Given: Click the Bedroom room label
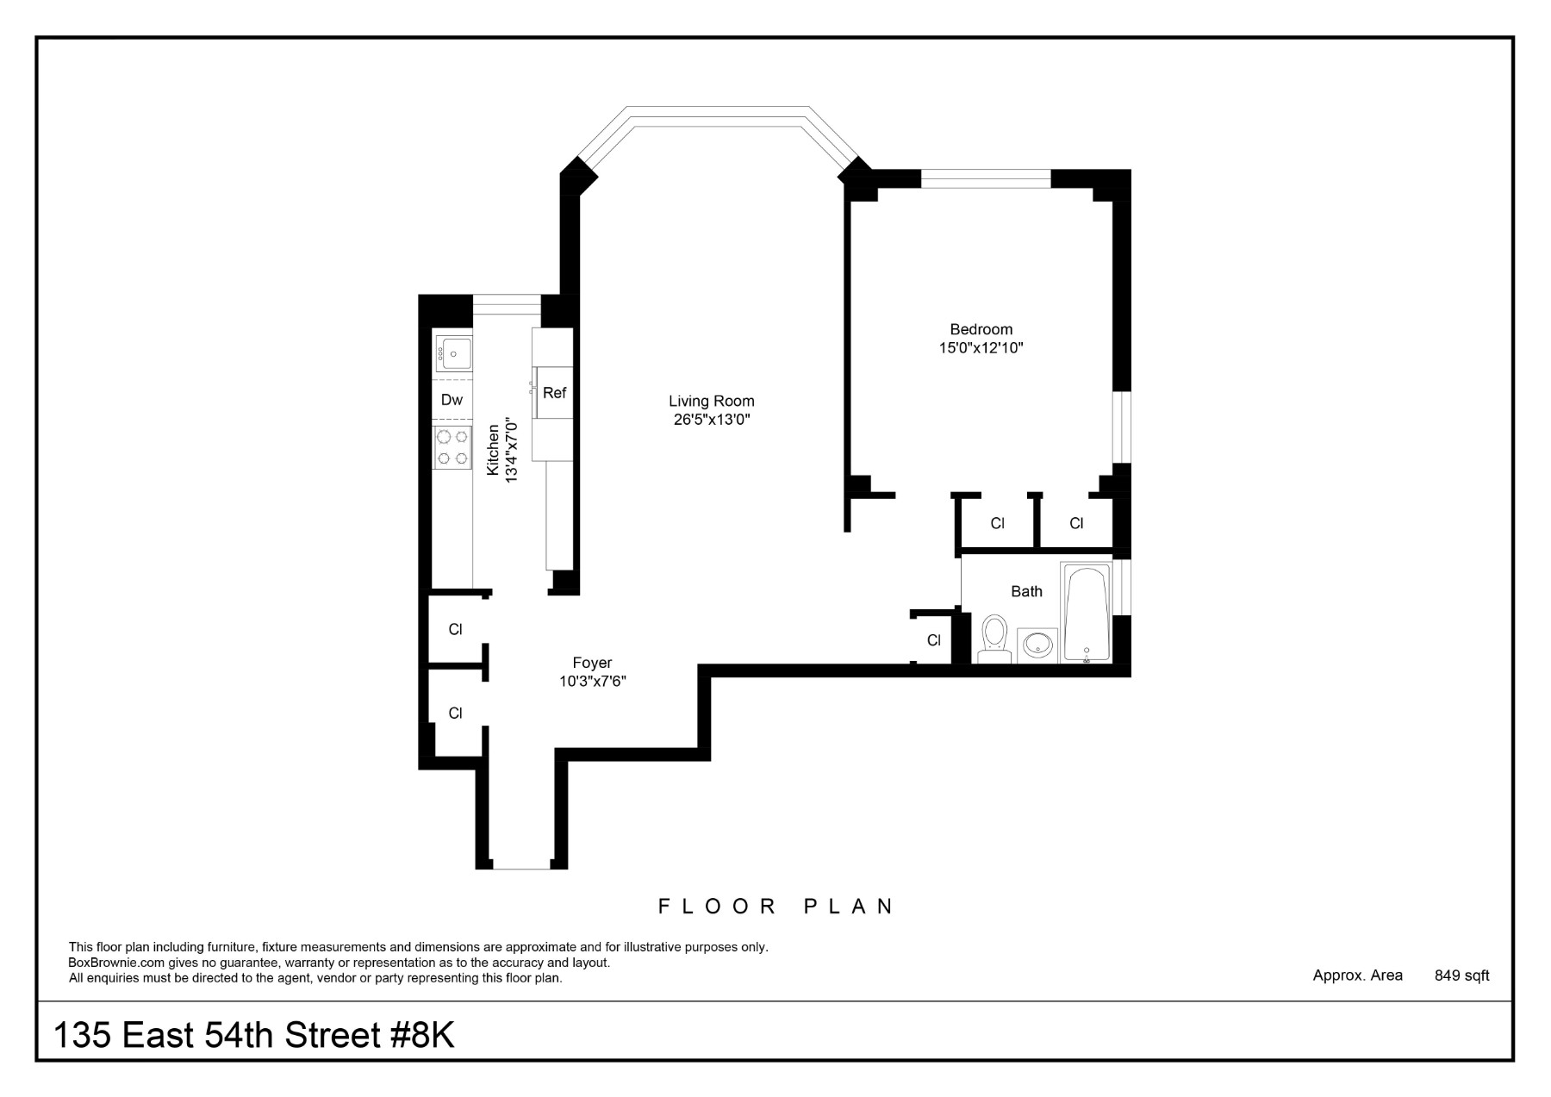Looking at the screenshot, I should click(981, 329).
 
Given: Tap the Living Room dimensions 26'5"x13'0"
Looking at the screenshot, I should click(711, 420).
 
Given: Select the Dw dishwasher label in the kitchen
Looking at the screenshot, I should click(452, 400).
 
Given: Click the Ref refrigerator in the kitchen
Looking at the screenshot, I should click(554, 393).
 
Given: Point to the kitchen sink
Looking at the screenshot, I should click(453, 353).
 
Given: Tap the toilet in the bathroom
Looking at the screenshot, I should click(995, 638).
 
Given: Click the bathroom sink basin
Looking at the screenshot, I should click(1038, 645).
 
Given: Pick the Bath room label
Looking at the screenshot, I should click(1026, 591).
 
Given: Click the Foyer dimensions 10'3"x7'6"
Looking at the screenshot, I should click(592, 681).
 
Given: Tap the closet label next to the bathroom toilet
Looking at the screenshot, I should click(933, 640).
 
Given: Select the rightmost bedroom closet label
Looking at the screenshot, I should click(1076, 523).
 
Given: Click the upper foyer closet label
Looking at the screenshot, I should click(455, 630).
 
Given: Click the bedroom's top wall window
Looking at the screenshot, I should click(986, 179).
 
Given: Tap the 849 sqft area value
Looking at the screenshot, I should click(1461, 975).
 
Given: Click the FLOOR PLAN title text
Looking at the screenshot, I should click(775, 907).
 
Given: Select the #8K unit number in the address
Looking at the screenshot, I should click(422, 1035).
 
